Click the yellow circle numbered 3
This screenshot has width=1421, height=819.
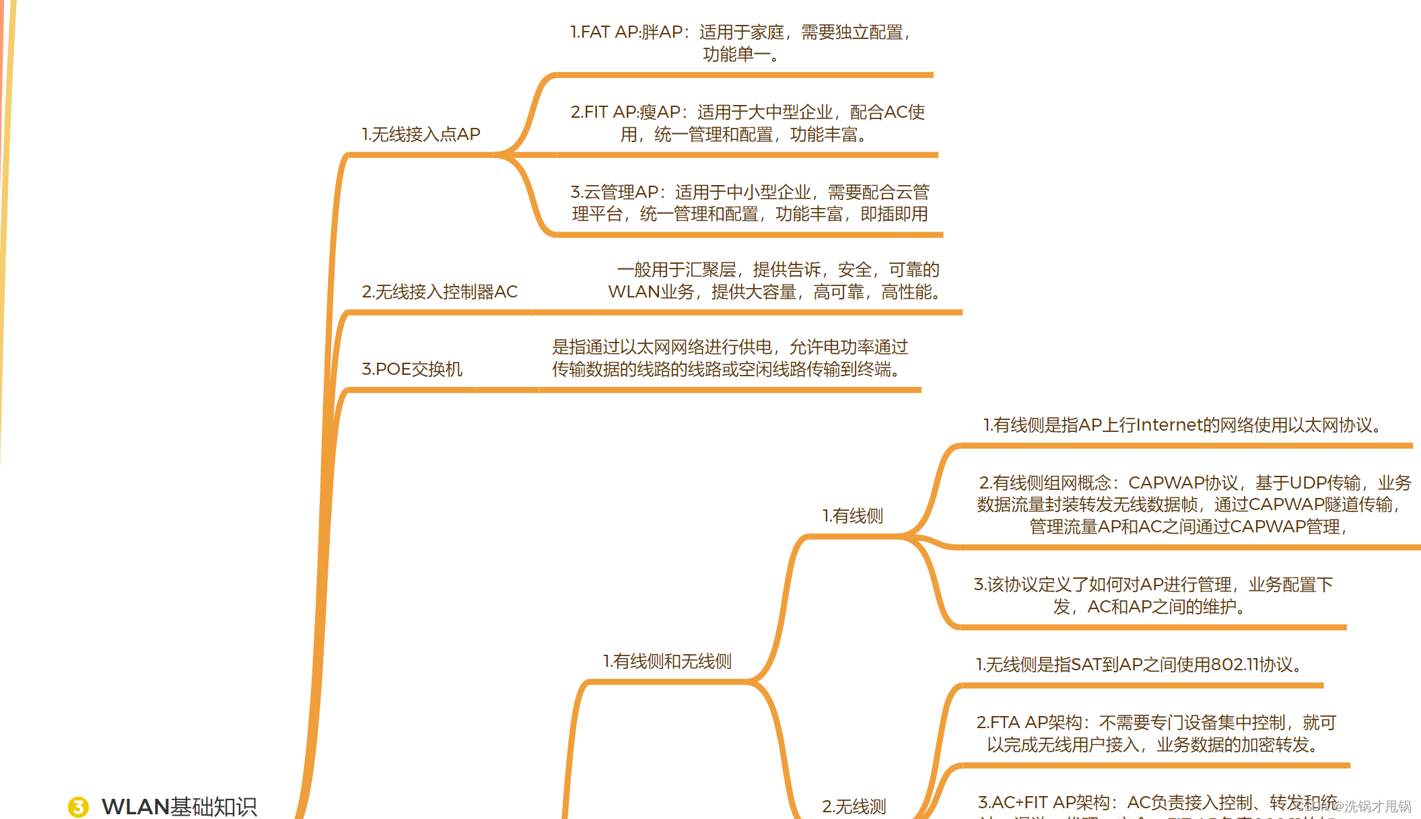point(78,806)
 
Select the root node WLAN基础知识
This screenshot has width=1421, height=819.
point(179,806)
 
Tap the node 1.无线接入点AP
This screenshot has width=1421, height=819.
point(421,135)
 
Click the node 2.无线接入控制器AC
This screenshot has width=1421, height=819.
point(440,292)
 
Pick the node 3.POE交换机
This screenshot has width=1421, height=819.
point(412,369)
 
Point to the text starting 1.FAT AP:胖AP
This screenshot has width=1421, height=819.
point(740,43)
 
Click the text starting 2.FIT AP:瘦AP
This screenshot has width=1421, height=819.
point(747,123)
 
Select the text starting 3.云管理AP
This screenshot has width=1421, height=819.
point(750,203)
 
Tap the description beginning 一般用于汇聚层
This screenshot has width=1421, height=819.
point(774,281)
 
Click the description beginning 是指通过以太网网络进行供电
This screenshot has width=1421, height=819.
point(730,358)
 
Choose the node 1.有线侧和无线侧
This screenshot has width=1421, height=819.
point(667,662)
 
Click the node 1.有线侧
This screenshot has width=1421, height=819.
point(853,516)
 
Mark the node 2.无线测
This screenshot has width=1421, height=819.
point(854,806)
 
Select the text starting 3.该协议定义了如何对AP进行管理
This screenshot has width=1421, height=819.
point(1153,596)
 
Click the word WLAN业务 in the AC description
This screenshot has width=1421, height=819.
point(651,292)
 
